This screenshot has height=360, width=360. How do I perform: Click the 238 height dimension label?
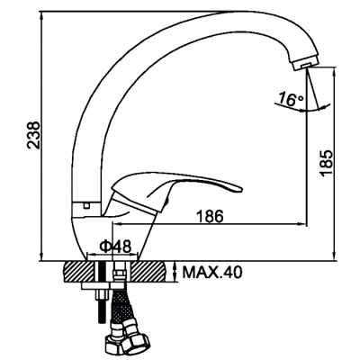pyautogui.click(x=33, y=135)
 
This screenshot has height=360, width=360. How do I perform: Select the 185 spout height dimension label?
pyautogui.click(x=326, y=163)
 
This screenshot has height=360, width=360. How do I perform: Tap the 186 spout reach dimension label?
pyautogui.click(x=210, y=216)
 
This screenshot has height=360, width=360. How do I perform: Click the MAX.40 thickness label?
pyautogui.click(x=212, y=273)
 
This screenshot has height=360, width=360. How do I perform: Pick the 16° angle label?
pyautogui.click(x=291, y=99)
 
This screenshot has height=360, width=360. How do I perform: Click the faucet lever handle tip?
pyautogui.click(x=240, y=189)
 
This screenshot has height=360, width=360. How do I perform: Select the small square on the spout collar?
pyautogui.click(x=87, y=206)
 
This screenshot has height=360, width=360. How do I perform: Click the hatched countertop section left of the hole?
pyautogui.click(x=79, y=272)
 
